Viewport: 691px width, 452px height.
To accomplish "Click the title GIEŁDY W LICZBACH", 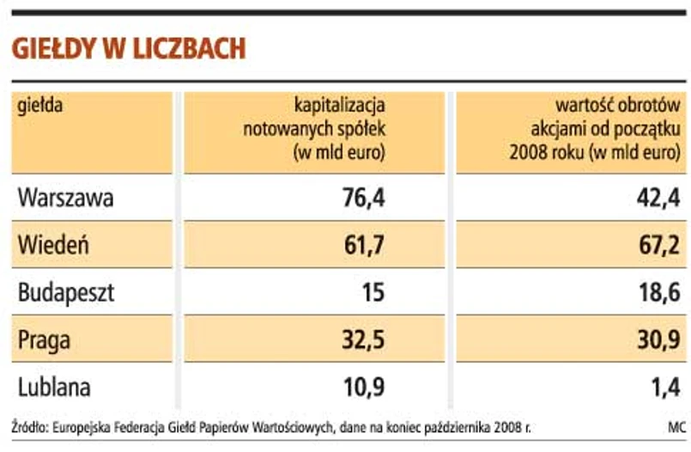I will click(x=129, y=48).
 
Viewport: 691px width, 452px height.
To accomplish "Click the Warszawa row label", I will click(x=65, y=199).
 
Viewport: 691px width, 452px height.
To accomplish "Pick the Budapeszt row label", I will click(x=65, y=293).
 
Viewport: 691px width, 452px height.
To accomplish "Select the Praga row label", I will click(x=45, y=340).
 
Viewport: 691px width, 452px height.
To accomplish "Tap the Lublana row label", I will click(x=53, y=387).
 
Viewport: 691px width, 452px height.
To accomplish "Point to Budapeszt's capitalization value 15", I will click(x=373, y=293).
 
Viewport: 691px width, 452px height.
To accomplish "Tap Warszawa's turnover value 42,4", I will click(x=658, y=199).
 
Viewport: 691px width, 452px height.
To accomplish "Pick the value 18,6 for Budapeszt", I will click(x=658, y=293).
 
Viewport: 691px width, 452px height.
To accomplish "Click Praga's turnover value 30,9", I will click(x=658, y=340).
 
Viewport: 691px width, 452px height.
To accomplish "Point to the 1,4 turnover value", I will click(x=665, y=387).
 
